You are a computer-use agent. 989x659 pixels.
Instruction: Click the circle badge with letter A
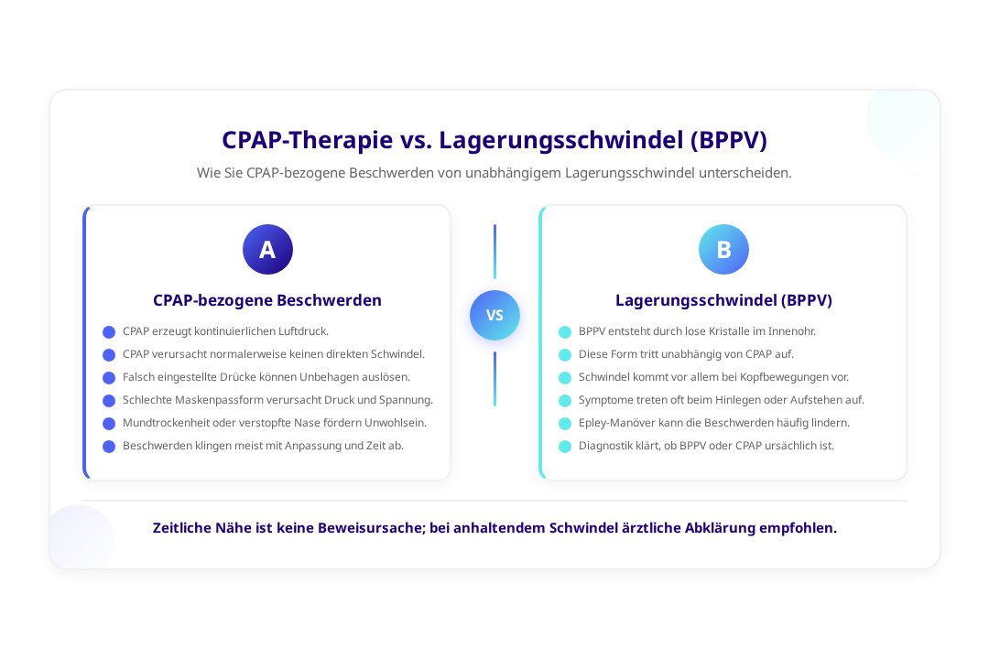click(x=267, y=250)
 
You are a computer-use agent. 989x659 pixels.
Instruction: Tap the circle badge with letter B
click(x=723, y=250)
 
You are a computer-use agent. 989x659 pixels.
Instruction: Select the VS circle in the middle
click(x=494, y=315)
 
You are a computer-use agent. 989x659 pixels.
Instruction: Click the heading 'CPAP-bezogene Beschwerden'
click(x=267, y=300)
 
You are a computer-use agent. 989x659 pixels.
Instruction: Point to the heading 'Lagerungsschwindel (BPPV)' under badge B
click(x=723, y=300)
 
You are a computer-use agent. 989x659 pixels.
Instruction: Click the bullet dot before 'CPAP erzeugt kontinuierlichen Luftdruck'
click(x=109, y=331)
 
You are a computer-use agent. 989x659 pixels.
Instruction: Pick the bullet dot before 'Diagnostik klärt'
click(x=565, y=447)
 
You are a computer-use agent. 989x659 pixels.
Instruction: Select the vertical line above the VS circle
click(x=494, y=251)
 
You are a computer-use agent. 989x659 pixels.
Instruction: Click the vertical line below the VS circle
click(x=494, y=378)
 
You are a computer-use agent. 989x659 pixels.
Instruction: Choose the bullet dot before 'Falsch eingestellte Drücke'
click(x=109, y=377)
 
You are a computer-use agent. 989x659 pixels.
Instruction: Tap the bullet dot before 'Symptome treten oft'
click(x=565, y=400)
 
